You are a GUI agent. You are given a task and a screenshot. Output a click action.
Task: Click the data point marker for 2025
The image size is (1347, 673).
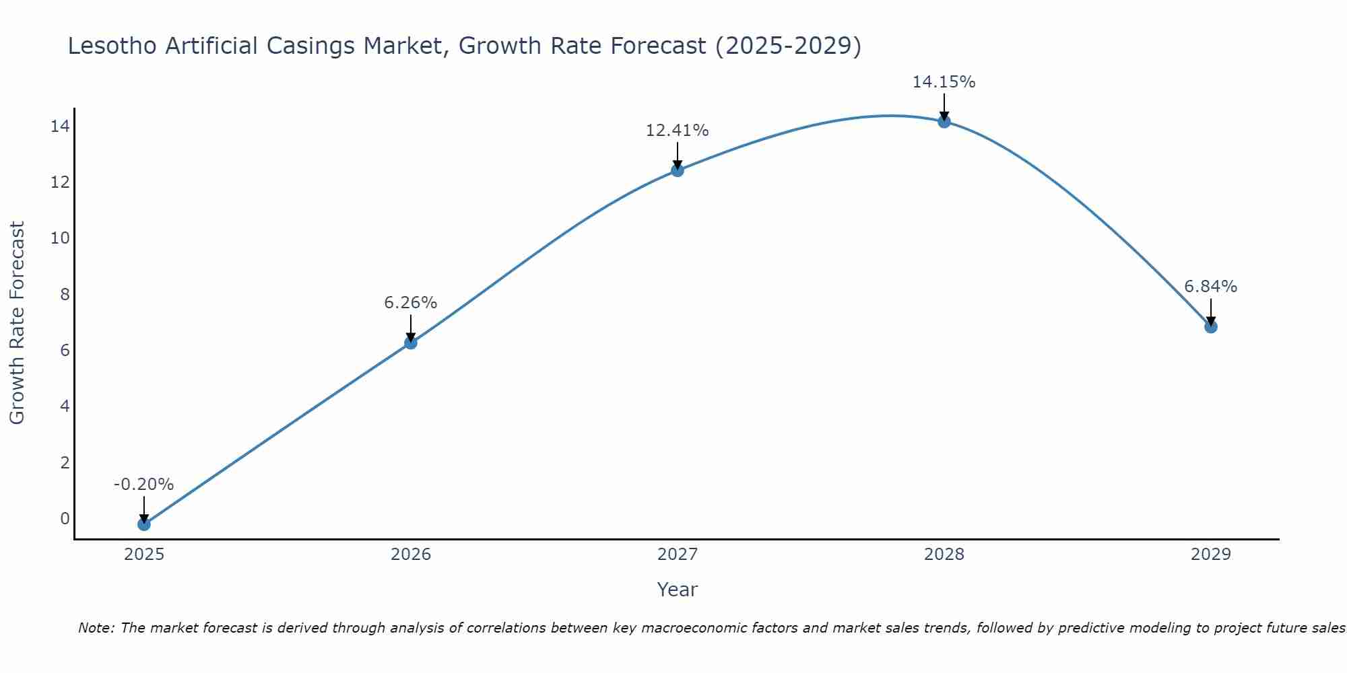point(143,524)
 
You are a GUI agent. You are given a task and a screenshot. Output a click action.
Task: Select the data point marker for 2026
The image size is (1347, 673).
point(410,343)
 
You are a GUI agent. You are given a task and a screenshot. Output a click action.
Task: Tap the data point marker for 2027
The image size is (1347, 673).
point(677,170)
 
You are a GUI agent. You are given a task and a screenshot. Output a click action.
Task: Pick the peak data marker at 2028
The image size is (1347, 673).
point(944,122)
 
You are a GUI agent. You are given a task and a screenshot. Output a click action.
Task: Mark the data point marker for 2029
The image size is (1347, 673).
point(1210,326)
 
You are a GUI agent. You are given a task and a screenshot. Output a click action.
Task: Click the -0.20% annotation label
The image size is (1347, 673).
point(143,485)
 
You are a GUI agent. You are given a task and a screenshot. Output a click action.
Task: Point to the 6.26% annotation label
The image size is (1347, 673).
point(410,303)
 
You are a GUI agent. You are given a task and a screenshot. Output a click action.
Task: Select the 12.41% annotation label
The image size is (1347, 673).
point(677,131)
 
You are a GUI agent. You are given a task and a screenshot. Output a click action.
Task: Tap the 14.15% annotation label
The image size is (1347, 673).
point(944,82)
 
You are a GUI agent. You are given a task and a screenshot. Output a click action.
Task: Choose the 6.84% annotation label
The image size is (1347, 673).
point(1210,287)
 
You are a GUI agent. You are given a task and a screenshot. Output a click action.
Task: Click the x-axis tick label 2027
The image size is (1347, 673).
point(677,555)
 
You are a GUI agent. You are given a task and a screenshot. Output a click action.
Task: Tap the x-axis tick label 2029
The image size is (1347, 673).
point(1210,555)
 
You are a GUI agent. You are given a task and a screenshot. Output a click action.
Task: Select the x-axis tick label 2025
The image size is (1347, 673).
point(143,555)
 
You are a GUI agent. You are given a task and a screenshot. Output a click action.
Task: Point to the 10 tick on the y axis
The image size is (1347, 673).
point(60,238)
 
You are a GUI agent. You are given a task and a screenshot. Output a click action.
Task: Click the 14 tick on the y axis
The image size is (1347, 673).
point(60,127)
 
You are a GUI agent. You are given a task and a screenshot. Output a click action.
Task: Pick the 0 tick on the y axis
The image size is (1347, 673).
point(65,518)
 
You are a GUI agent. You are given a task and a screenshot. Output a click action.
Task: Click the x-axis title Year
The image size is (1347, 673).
point(677,590)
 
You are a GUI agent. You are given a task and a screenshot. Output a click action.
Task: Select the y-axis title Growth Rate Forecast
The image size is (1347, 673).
point(18,323)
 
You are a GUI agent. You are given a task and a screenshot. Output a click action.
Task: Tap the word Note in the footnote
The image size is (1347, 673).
point(96,628)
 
